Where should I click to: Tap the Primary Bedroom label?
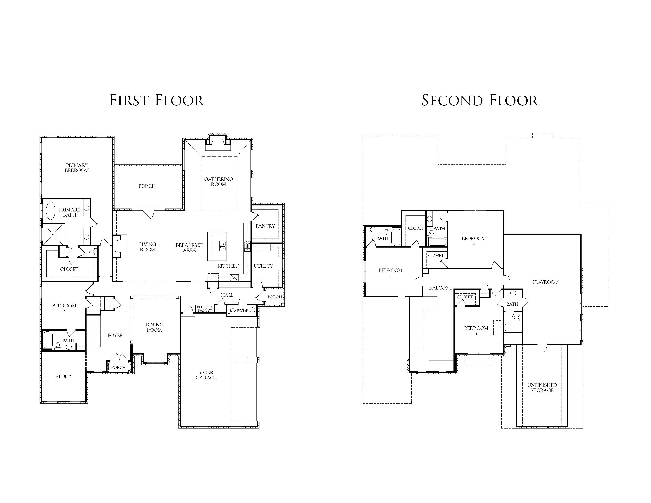point(77,168)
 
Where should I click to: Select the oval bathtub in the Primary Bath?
point(50,211)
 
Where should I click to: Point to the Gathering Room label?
point(219,182)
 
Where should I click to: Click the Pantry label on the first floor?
point(265,226)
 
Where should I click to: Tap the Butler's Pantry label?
point(205,309)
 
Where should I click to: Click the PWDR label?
point(242,310)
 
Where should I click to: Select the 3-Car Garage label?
point(206,375)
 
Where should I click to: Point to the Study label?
point(63,376)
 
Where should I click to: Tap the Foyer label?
point(115,335)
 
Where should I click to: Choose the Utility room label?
point(263,266)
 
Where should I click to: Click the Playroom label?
point(545,282)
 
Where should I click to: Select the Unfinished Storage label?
point(542,388)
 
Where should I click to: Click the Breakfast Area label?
point(190,248)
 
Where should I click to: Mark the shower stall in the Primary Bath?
point(53,234)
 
